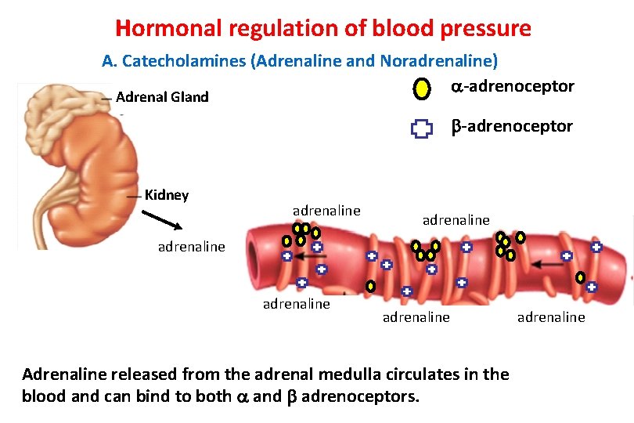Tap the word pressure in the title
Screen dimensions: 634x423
485,29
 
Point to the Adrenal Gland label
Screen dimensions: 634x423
162,97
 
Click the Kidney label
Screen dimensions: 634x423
167,194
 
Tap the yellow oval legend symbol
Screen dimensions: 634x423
422,89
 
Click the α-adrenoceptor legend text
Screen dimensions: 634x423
513,86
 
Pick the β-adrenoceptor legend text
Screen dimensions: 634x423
512,126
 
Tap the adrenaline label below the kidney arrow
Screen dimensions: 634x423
192,247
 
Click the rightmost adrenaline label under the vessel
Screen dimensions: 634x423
551,316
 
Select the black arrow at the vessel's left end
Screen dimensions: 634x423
315,255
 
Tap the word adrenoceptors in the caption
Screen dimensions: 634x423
360,396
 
